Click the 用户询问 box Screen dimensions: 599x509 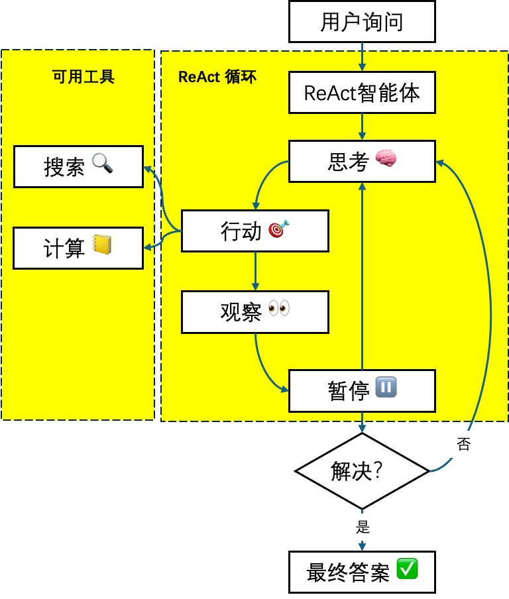pyautogui.click(x=362, y=22)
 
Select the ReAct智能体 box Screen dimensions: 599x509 pyautogui.click(x=362, y=93)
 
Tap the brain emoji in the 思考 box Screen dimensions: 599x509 pyautogui.click(x=386, y=158)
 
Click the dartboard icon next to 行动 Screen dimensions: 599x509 pyautogui.click(x=278, y=229)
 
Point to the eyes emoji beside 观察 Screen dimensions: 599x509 pyautogui.click(x=279, y=309)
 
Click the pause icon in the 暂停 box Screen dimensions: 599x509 pyautogui.click(x=386, y=387)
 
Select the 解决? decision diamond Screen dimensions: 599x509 pyautogui.click(x=362, y=471)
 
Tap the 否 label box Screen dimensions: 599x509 pyautogui.click(x=464, y=445)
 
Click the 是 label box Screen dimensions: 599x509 pyautogui.click(x=363, y=527)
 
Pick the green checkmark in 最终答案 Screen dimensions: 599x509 pyautogui.click(x=407, y=569)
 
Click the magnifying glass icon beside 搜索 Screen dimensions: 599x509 pyautogui.click(x=103, y=163)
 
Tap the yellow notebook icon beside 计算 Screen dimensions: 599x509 pyautogui.click(x=101, y=245)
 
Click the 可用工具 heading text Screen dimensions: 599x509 pyautogui.click(x=84, y=77)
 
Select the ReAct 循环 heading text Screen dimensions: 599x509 pyautogui.click(x=217, y=77)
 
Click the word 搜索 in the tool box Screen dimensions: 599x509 pyautogui.click(x=64, y=167)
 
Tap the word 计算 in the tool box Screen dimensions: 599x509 pyautogui.click(x=64, y=248)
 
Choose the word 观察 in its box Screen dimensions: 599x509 pyautogui.click(x=241, y=312)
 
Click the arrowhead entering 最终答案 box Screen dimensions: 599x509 pyautogui.click(x=362, y=547)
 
